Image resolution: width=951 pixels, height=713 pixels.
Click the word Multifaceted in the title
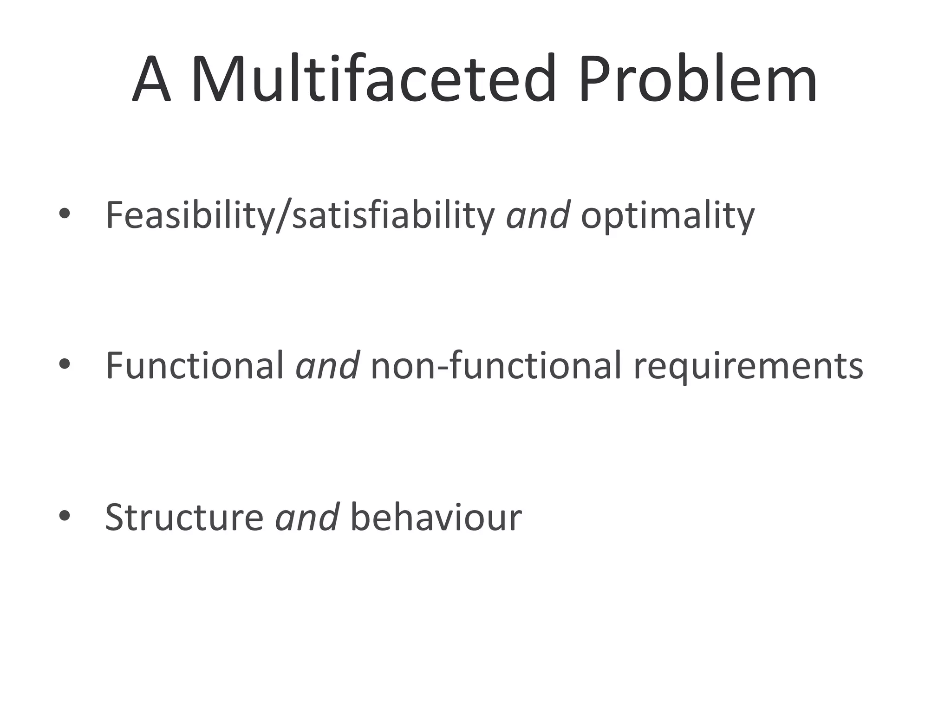click(x=373, y=79)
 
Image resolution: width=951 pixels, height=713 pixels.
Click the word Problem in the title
click(x=697, y=79)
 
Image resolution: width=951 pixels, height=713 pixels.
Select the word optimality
click(x=667, y=216)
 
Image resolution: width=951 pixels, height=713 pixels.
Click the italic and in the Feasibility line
click(x=538, y=215)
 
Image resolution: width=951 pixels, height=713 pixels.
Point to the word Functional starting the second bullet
click(x=195, y=366)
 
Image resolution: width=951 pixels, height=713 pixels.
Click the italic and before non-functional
click(x=327, y=366)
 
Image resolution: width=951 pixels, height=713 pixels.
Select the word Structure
click(x=184, y=517)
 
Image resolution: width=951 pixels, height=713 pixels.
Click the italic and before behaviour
click(x=307, y=517)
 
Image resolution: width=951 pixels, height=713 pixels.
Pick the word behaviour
click(x=436, y=517)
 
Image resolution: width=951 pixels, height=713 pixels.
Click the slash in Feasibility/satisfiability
click(x=283, y=216)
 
